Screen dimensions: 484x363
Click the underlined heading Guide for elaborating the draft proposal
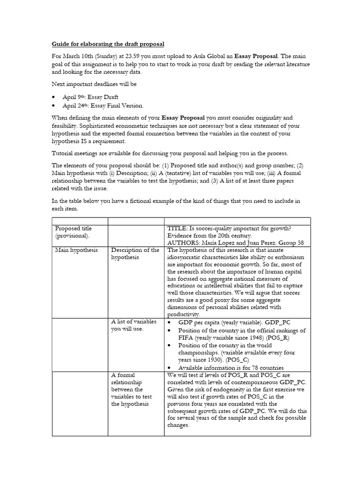[108, 44]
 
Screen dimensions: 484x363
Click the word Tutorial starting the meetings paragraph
[63, 153]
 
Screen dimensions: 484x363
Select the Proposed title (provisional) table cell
[74, 232]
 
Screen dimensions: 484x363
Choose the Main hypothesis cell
[76, 250]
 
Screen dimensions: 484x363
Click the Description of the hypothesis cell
[135, 253]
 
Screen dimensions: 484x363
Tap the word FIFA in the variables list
[186, 337]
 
